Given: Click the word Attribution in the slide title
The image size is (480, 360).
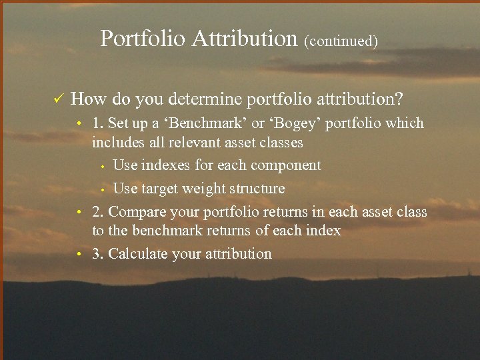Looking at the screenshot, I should click(244, 39).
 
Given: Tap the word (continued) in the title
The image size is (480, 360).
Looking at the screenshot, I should click(341, 41).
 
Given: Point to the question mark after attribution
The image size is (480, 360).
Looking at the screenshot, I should click(399, 99).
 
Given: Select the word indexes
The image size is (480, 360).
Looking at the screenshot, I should click(167, 165).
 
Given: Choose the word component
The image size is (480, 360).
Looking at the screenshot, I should click(287, 165).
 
